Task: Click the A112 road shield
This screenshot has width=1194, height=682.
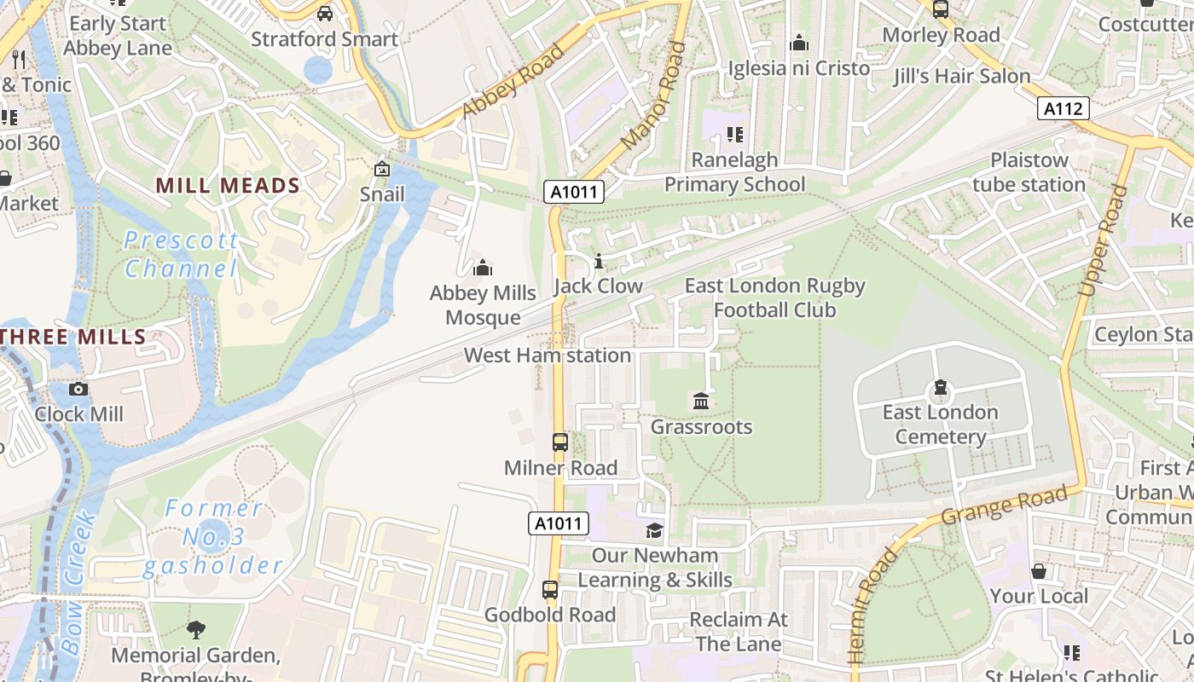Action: click(x=1064, y=108)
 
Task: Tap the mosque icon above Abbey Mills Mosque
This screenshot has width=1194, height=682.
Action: click(x=483, y=269)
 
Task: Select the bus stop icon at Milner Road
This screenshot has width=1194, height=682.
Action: click(x=560, y=442)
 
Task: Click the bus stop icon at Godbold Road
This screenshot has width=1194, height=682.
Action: click(x=550, y=590)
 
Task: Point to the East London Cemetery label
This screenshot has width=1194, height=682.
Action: click(x=940, y=425)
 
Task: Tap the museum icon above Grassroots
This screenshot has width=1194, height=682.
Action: click(x=701, y=401)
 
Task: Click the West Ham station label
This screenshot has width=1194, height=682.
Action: click(x=548, y=355)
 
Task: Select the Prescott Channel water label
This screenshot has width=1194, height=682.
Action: click(x=181, y=254)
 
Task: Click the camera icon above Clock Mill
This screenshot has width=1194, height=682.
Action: click(x=78, y=390)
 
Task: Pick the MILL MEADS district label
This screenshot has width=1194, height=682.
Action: click(x=228, y=185)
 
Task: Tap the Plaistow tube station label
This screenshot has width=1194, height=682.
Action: click(x=1029, y=172)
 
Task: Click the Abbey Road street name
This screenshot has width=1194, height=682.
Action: click(x=513, y=81)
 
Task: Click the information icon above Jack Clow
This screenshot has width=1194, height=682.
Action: click(x=599, y=261)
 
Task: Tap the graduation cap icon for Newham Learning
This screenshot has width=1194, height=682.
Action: click(x=654, y=531)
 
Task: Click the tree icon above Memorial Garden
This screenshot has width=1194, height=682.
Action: click(x=196, y=631)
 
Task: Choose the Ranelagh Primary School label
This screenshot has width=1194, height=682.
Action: click(x=734, y=172)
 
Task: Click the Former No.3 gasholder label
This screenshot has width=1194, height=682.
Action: click(x=212, y=537)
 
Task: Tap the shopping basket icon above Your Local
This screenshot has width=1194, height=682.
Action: click(x=1039, y=571)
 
